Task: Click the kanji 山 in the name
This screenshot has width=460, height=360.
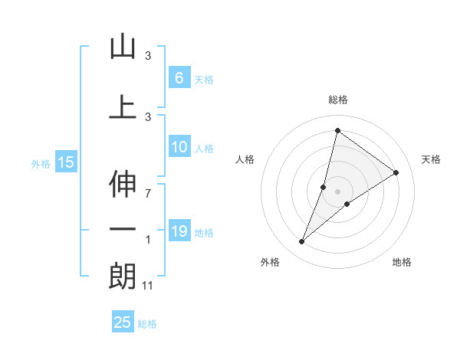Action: (x=123, y=47)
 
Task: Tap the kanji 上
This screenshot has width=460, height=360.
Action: (x=123, y=106)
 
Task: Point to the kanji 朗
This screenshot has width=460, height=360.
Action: (x=123, y=277)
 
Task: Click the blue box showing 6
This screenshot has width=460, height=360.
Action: (x=179, y=77)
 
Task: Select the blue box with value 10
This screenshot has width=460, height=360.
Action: (x=179, y=147)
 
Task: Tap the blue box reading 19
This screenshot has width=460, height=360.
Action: (x=179, y=231)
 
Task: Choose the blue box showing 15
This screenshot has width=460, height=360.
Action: (x=65, y=162)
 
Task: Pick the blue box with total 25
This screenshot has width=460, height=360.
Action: (x=123, y=322)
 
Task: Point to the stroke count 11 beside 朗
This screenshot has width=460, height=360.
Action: (x=149, y=285)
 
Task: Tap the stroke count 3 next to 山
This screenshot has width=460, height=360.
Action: (x=148, y=55)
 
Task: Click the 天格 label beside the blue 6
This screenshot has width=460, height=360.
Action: (x=204, y=79)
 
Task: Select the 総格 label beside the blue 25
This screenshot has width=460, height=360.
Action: (x=147, y=324)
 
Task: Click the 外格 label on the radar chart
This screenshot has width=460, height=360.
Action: (x=270, y=262)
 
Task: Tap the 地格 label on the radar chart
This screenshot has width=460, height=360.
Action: (x=402, y=262)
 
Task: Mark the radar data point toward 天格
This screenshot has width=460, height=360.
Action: (x=396, y=173)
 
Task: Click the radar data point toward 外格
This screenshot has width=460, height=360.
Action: (x=302, y=242)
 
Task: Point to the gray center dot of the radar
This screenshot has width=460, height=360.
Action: (x=338, y=191)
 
